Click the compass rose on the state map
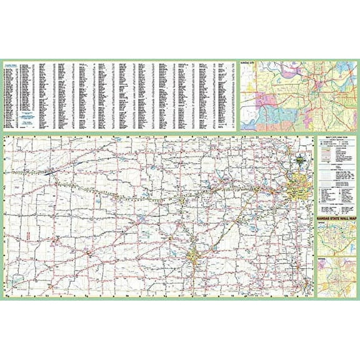click(302, 158)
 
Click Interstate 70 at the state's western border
click(7, 172)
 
